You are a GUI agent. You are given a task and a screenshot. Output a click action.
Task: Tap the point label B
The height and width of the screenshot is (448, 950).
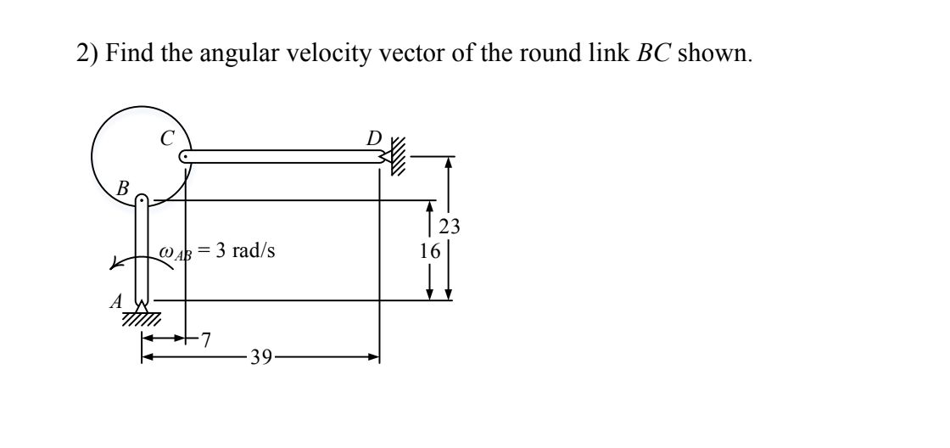pos(123,188)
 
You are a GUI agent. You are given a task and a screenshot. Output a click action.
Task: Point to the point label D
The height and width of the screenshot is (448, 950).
pos(374,136)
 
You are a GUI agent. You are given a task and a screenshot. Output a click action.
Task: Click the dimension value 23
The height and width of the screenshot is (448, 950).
pos(450,227)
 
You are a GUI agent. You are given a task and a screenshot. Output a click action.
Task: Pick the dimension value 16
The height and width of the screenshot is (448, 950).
pos(430,251)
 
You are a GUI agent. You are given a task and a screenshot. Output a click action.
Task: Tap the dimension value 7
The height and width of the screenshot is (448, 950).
pos(205,341)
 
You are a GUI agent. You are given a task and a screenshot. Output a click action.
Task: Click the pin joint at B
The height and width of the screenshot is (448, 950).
pos(142,201)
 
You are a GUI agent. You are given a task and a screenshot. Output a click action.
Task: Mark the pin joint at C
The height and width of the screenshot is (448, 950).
pos(185,157)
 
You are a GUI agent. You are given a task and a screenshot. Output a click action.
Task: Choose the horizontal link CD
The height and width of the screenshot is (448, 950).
pos(280,157)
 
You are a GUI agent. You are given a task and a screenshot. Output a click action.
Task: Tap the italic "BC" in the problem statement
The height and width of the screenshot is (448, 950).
pos(651,55)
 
